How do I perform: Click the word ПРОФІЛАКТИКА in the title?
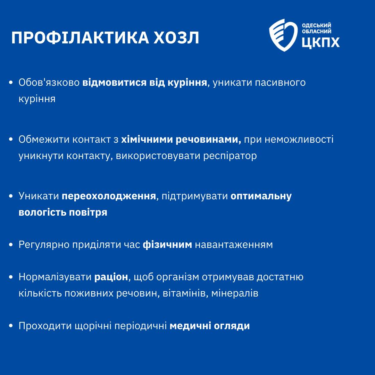pyautogui.click(x=80, y=38)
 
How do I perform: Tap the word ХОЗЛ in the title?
pyautogui.click(x=176, y=38)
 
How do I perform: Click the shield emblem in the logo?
pyautogui.click(x=283, y=35)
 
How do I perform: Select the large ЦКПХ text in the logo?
pyautogui.click(x=320, y=42)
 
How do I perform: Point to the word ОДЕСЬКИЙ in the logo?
pyautogui.click(x=316, y=25)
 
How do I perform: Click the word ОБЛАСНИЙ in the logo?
pyautogui.click(x=317, y=31)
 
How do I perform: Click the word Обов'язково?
pyautogui.click(x=49, y=83)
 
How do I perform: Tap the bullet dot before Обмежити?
pyautogui.click(x=10, y=139)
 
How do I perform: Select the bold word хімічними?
pyautogui.click(x=147, y=139)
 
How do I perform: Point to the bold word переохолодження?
pyautogui.click(x=109, y=196)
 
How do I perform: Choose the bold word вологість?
pyautogui.click(x=42, y=212)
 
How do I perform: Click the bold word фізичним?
pyautogui.click(x=167, y=245)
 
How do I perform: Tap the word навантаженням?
pyautogui.click(x=234, y=245)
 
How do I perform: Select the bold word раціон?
pyautogui.click(x=111, y=277)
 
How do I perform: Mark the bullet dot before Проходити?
pyautogui.click(x=10, y=325)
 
